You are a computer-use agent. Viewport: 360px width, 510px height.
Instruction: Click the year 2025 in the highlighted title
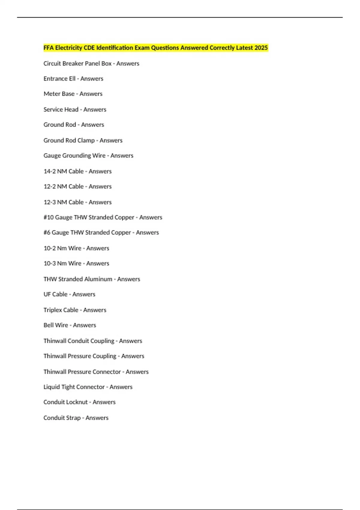(261, 48)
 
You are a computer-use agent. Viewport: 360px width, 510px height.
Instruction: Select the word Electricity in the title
(68, 48)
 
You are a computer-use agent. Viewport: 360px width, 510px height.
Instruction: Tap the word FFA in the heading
(49, 48)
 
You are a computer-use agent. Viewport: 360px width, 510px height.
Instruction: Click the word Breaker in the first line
(73, 64)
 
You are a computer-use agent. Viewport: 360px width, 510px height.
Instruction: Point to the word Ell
(72, 79)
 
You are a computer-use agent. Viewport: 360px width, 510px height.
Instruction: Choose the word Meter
(51, 94)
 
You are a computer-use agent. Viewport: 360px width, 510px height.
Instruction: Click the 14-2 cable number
(49, 171)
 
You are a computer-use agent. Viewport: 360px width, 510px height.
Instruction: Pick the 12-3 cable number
(49, 202)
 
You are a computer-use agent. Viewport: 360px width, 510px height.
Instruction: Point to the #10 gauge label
(49, 217)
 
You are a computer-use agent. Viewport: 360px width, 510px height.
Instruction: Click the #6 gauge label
(47, 232)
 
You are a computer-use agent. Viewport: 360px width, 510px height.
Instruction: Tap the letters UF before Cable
(47, 294)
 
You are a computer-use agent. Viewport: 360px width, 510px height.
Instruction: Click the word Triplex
(52, 310)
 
